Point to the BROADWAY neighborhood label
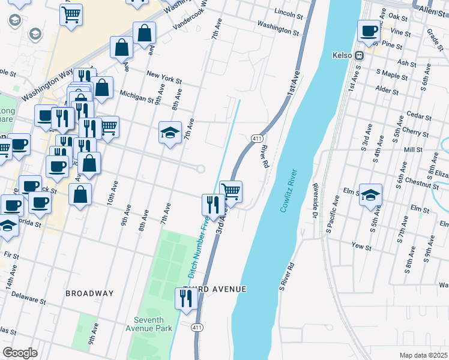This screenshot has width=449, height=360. tap(89, 293)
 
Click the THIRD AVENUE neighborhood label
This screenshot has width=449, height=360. tap(214, 289)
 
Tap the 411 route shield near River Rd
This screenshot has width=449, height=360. tap(256, 139)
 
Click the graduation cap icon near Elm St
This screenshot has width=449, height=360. tap(370, 194)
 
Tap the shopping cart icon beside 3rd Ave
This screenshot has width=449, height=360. tap(231, 191)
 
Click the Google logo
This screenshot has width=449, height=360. tap(20, 352)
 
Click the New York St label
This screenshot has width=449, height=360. tap(163, 78)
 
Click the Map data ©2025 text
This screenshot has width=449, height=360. tap(423, 355)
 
